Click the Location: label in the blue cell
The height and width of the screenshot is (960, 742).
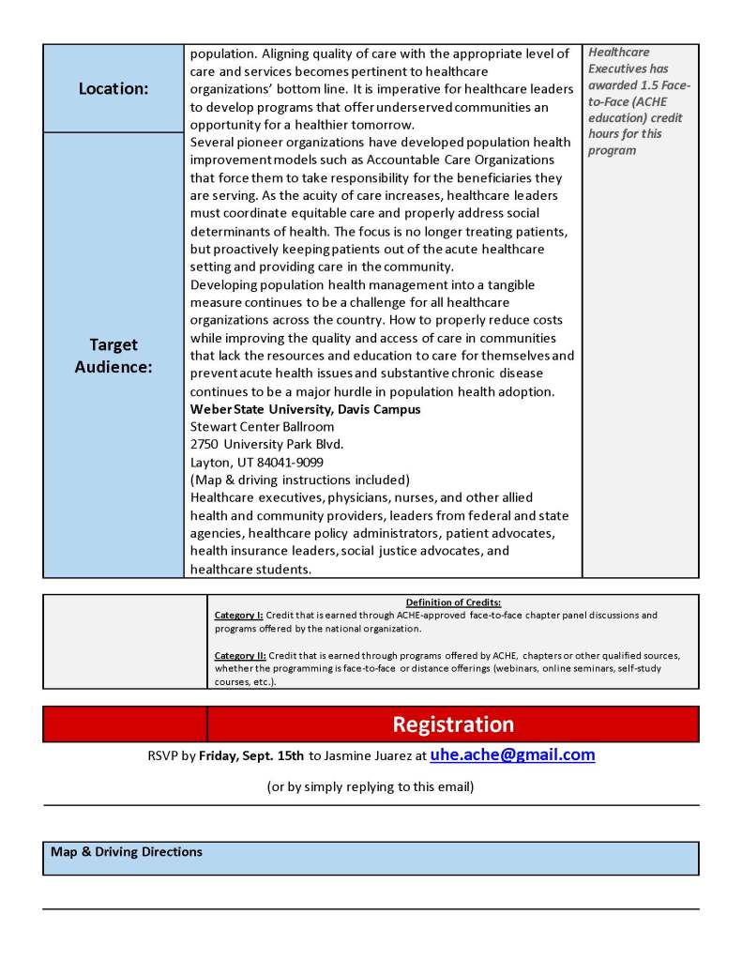point(114,89)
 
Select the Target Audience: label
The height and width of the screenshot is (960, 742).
point(114,356)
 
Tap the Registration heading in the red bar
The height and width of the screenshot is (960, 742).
point(453,724)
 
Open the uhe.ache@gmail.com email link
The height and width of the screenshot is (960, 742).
point(512,754)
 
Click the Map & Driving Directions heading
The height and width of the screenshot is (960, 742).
point(127,852)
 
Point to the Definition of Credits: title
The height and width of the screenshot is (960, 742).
point(453,602)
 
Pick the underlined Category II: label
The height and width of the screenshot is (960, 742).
point(241,655)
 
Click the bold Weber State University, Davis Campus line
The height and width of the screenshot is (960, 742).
point(306,409)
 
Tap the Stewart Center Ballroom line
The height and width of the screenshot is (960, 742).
point(262,426)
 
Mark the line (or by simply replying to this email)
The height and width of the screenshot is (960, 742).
point(371,786)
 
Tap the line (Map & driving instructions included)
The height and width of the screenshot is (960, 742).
point(300,480)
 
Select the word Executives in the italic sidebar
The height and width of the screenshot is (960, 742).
point(618,69)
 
